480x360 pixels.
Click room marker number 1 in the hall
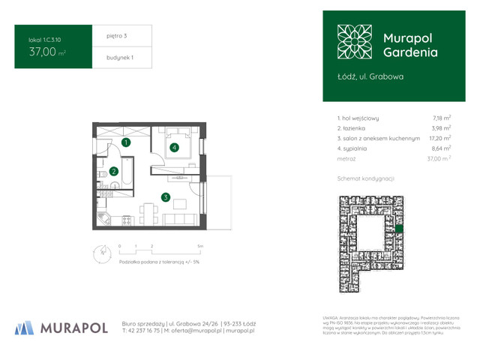[x=126, y=142]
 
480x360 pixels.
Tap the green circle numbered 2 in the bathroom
[x=113, y=171]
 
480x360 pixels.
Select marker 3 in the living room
[x=165, y=198]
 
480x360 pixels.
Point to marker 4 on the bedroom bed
[x=174, y=148]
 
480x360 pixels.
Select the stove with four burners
[x=126, y=220]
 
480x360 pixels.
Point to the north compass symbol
[x=99, y=253]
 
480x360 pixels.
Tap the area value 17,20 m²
[x=440, y=139]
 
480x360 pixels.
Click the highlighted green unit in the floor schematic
[x=400, y=228]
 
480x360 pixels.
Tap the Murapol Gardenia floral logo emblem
[x=354, y=42]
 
